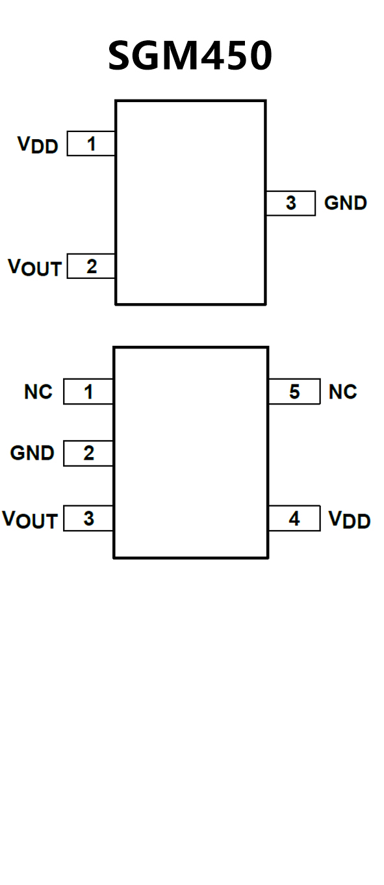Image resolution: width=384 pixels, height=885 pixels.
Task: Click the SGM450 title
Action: [x=190, y=55]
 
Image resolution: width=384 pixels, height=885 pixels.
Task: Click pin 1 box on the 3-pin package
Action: [x=91, y=144]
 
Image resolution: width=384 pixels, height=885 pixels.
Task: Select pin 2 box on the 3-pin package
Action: [x=91, y=267]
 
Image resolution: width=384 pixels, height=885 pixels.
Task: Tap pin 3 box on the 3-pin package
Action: [x=291, y=203]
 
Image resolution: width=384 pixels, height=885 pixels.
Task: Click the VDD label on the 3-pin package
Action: [x=38, y=144]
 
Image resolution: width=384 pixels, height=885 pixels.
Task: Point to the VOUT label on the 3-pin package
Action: [x=34, y=267]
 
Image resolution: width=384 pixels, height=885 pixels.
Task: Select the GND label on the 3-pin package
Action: [x=346, y=203]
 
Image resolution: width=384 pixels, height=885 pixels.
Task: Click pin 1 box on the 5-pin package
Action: [x=88, y=391]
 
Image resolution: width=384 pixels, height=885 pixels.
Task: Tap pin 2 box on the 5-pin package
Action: [x=88, y=453]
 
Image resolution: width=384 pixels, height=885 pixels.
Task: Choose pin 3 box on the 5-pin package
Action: [x=88, y=518]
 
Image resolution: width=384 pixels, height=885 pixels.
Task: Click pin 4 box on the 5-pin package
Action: [x=294, y=518]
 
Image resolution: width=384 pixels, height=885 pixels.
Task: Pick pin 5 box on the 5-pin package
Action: [x=294, y=391]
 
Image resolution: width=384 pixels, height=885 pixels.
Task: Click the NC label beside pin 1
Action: [x=38, y=392]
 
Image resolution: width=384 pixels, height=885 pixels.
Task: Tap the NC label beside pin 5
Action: [x=342, y=392]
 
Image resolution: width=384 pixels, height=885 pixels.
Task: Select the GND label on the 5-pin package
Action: [x=32, y=453]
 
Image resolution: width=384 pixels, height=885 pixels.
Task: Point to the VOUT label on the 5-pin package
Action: [x=30, y=520]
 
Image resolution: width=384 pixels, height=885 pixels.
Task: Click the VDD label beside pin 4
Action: [x=350, y=519]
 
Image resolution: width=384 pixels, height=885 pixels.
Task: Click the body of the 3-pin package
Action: [x=190, y=203]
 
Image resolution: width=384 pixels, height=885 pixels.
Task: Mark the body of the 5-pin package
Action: [x=191, y=453]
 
